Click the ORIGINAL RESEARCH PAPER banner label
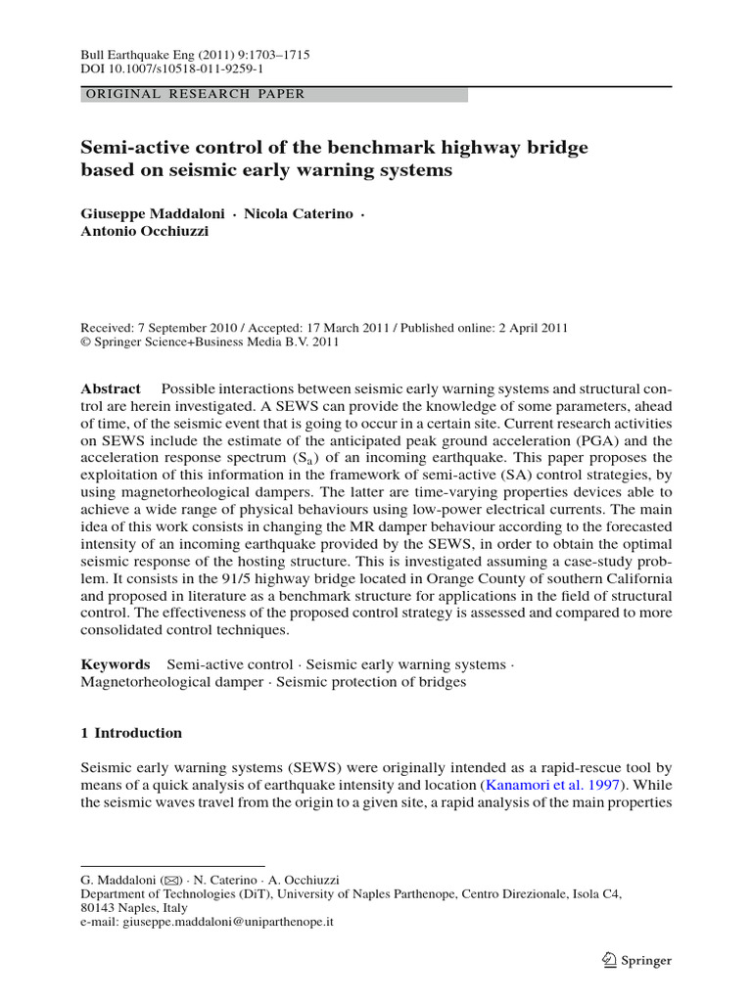point(196,95)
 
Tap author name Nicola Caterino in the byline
point(289,213)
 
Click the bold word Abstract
point(111,388)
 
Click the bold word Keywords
point(115,663)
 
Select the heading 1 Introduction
point(131,733)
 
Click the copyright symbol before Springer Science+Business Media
point(85,343)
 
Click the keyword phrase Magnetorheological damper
point(172,681)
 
